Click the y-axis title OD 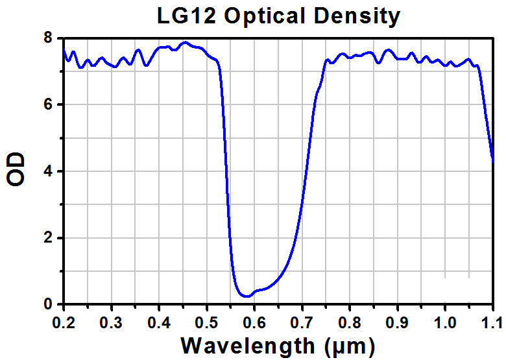point(17,170)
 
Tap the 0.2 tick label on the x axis point(64,320)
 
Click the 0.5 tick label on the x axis point(206,320)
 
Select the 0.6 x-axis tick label point(254,320)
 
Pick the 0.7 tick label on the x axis point(302,320)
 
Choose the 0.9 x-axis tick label point(397,320)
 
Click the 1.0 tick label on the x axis point(445,320)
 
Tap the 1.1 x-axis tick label point(492,320)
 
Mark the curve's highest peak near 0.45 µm point(185,43)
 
